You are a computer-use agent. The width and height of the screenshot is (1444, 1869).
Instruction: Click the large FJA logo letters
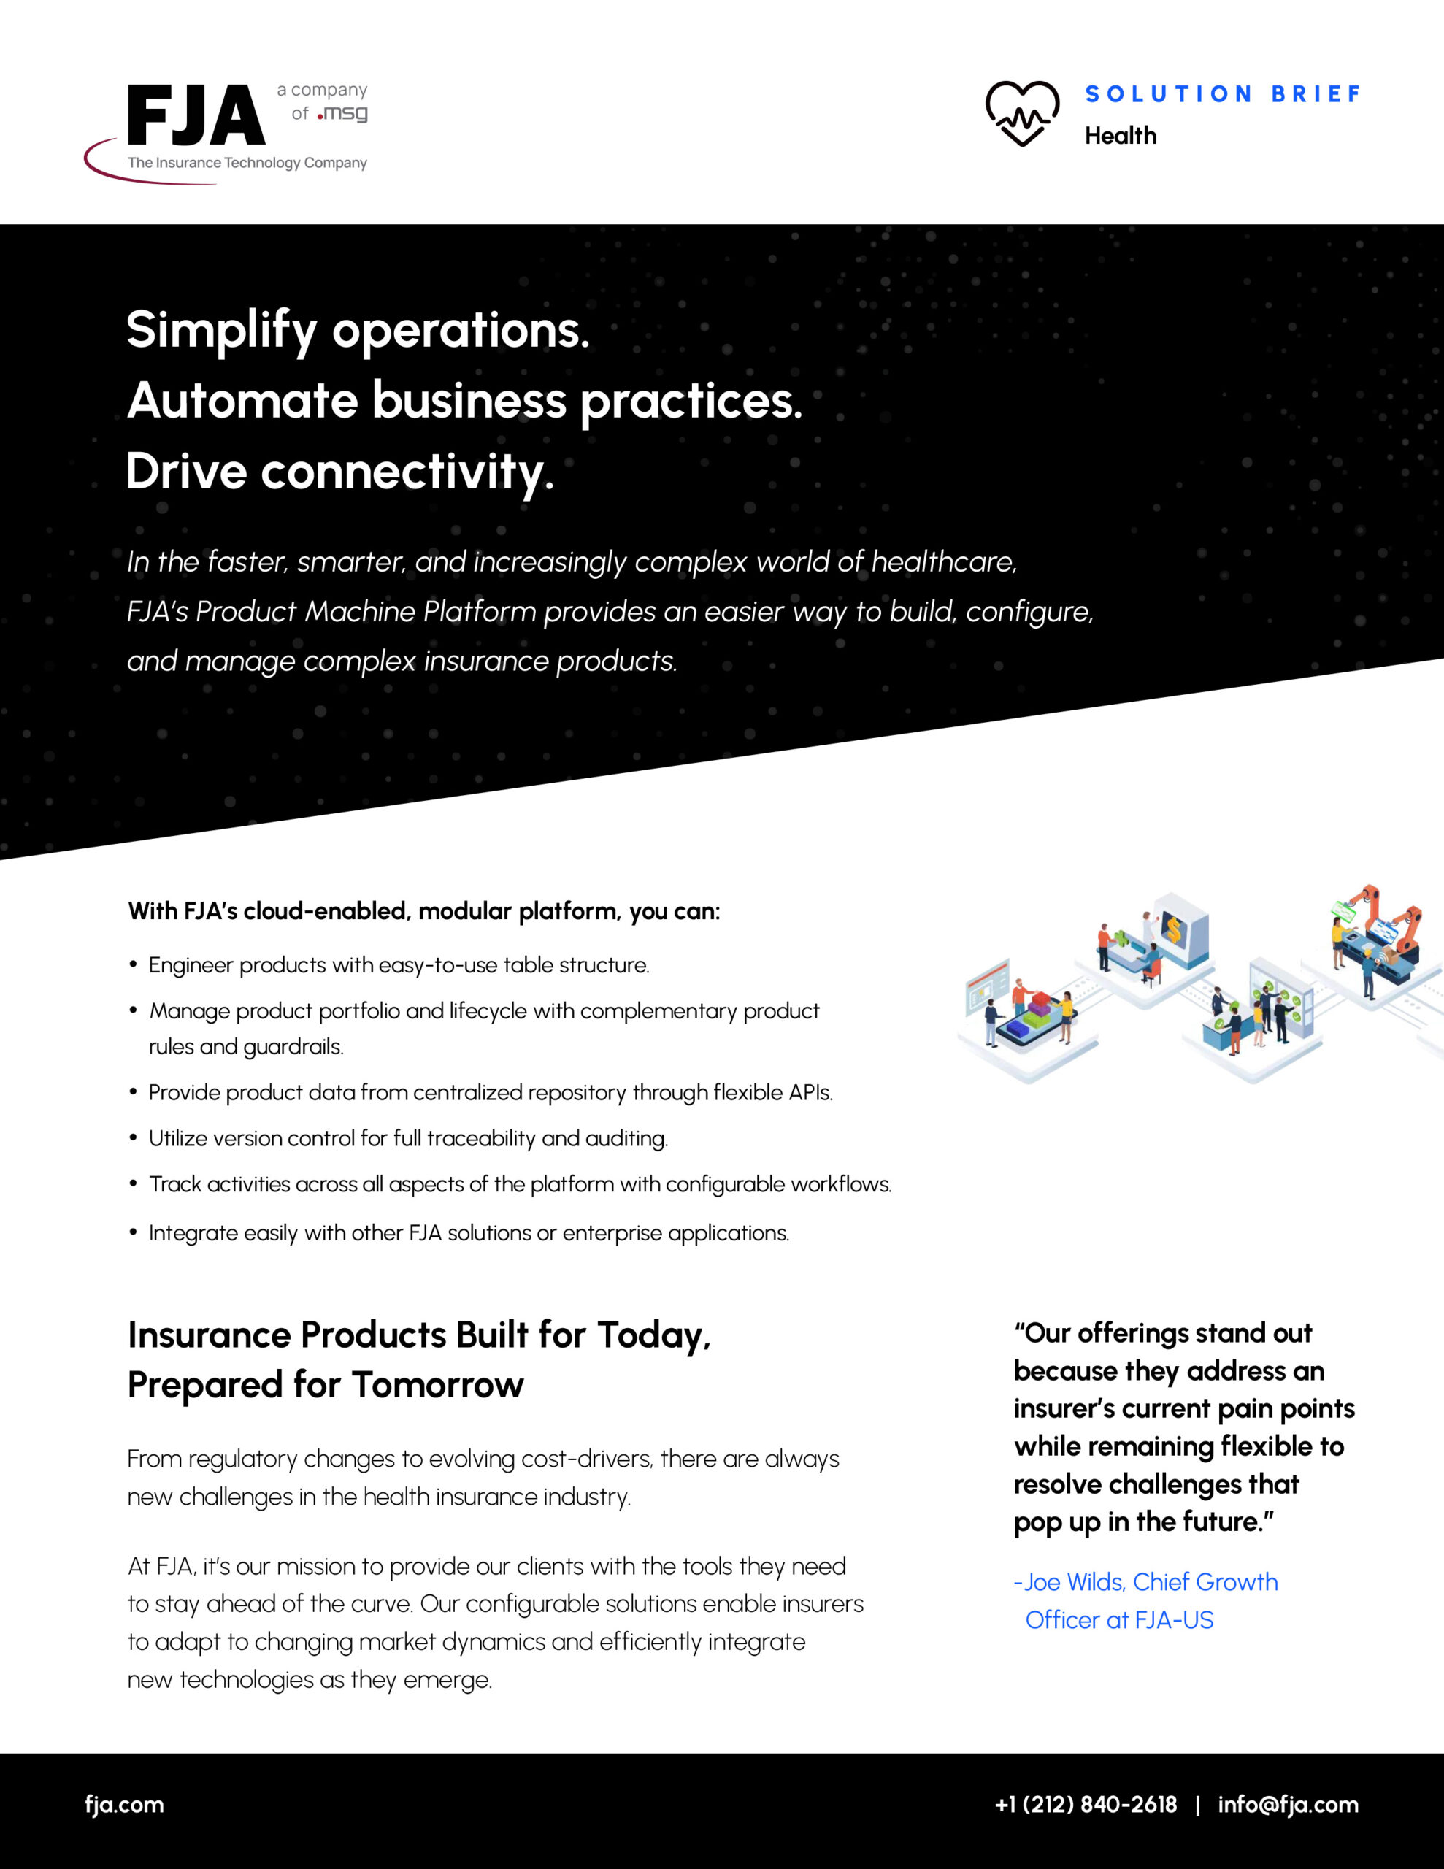196,115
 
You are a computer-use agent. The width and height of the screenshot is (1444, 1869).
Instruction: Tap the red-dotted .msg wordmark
342,113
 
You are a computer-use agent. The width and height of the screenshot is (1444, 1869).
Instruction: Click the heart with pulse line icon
1022,114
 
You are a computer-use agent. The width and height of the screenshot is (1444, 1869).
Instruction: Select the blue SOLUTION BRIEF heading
1222,94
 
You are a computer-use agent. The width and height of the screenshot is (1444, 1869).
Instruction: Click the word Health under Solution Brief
1121,135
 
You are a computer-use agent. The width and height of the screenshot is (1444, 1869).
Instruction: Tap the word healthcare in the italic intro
944,562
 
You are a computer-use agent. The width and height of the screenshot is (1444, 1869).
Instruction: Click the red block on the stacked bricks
1042,999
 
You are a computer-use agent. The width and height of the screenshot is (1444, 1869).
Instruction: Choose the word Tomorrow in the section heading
437,1383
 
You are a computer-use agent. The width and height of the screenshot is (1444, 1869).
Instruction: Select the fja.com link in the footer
124,1804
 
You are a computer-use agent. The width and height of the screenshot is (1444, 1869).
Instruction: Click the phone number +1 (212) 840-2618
1086,1804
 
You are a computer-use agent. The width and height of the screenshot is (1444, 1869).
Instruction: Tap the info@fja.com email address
1289,1804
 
